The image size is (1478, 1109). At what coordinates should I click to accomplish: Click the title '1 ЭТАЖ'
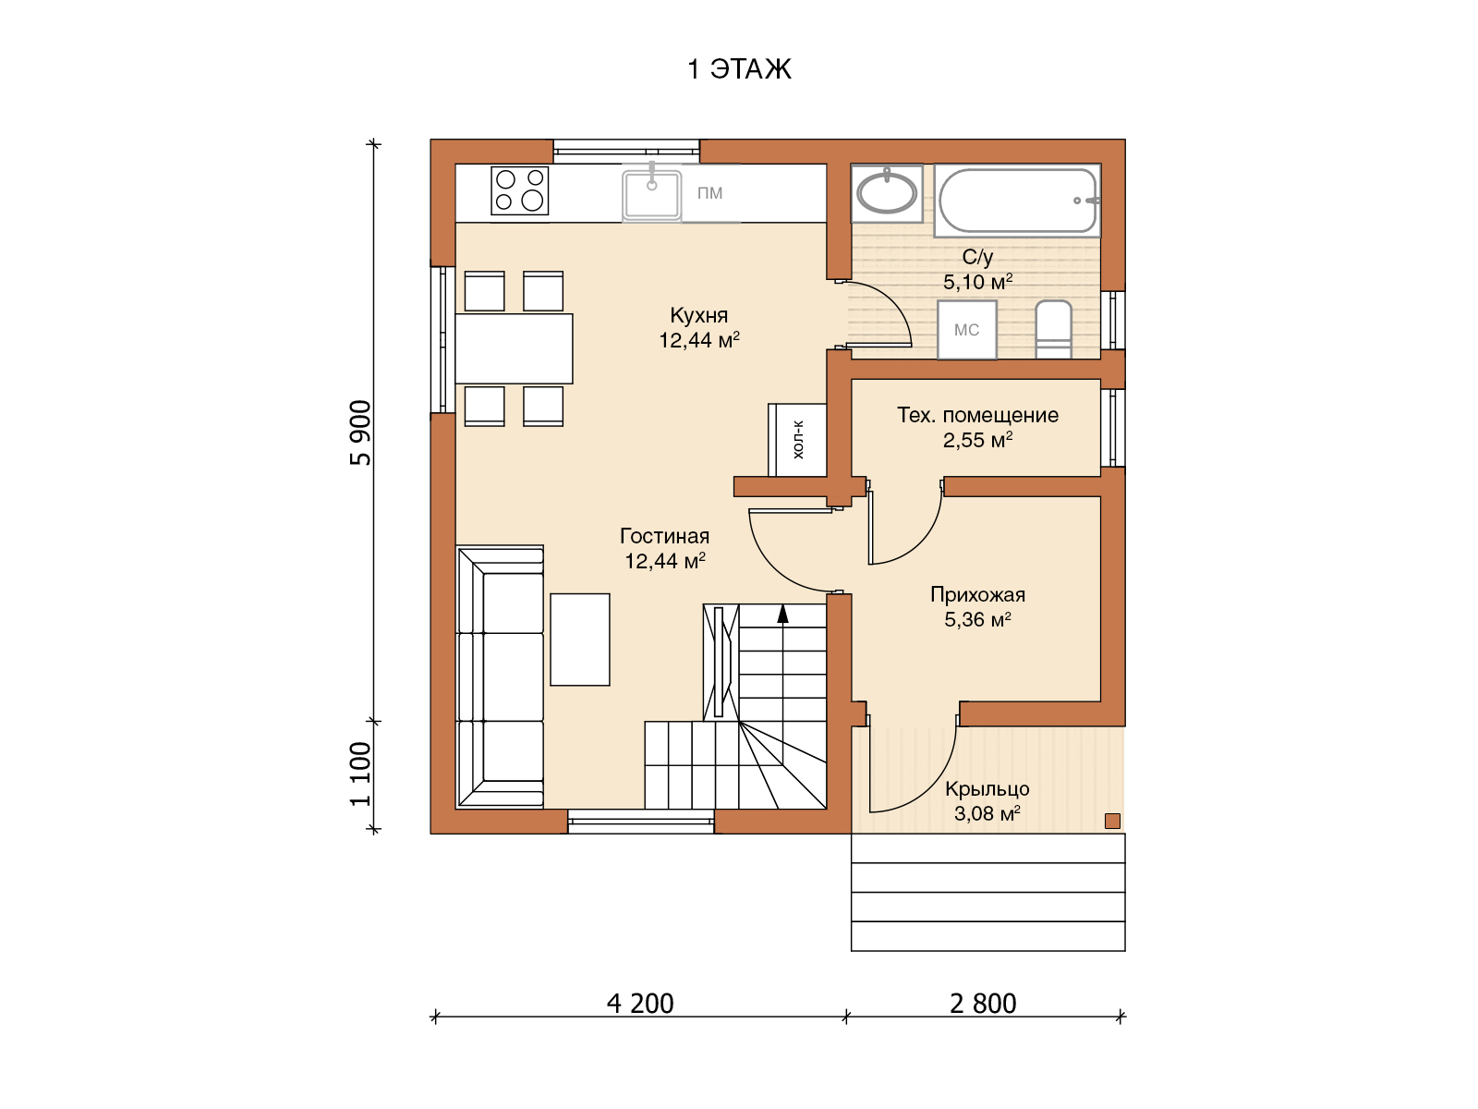[x=739, y=68]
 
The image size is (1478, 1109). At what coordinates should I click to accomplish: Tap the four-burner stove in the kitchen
[x=519, y=190]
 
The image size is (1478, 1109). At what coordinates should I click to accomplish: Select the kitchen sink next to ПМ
[x=651, y=195]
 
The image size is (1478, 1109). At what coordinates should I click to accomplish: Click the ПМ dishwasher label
[x=709, y=193]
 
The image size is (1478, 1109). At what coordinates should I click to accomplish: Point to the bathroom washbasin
[x=886, y=193]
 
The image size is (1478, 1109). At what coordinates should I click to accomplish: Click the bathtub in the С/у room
[x=1017, y=201]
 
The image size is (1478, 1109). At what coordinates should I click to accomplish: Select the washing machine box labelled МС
[x=967, y=330]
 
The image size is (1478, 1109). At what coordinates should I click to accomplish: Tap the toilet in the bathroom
[x=1053, y=329]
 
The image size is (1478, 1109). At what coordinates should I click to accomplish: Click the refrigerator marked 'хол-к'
[x=797, y=441]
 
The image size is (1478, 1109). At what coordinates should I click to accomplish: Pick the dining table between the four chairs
[x=514, y=348]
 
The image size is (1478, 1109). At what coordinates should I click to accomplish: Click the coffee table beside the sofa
[x=580, y=640]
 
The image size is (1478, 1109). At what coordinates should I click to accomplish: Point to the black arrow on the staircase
[x=782, y=614]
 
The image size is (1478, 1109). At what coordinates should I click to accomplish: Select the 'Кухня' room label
[x=699, y=315]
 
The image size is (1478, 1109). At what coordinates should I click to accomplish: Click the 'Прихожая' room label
[x=977, y=594]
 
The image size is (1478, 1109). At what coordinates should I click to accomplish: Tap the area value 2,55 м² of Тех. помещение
[x=977, y=441]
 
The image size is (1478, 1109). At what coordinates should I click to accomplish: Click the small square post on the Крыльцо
[x=1112, y=821]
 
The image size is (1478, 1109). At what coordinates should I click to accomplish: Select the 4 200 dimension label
[x=639, y=1004]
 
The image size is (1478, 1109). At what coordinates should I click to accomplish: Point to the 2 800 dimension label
[x=983, y=1004]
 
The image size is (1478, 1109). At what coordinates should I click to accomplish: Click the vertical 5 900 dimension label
[x=361, y=433]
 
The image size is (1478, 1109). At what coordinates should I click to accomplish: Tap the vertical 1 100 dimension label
[x=361, y=774]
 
